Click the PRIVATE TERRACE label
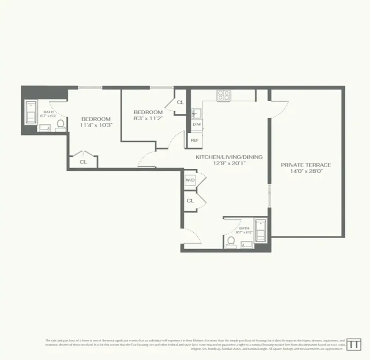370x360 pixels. (x=306, y=165)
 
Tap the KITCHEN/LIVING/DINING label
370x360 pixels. (x=229, y=157)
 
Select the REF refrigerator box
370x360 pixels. (x=195, y=140)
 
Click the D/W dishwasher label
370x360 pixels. (x=196, y=124)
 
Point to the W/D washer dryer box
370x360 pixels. (x=190, y=180)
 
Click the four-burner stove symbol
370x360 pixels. (x=223, y=95)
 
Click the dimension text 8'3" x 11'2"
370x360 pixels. (x=147, y=118)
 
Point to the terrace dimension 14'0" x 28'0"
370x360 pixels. (x=306, y=171)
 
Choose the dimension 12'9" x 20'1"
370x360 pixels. (x=229, y=163)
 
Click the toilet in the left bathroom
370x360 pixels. (x=60, y=123)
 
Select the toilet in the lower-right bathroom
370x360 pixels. (x=231, y=241)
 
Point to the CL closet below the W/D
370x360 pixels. (x=190, y=201)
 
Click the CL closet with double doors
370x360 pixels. (x=83, y=162)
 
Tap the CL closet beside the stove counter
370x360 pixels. (x=180, y=103)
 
